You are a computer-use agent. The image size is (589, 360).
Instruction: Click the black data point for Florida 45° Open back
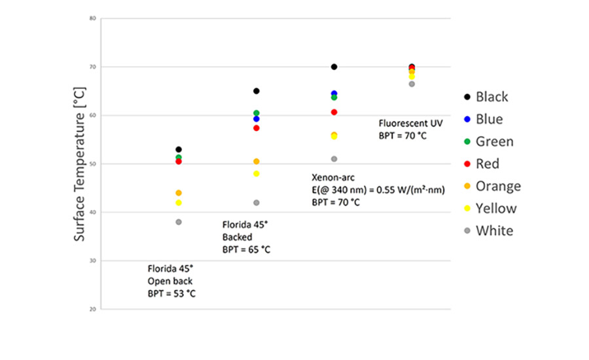179,150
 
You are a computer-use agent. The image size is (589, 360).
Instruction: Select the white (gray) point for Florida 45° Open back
179,222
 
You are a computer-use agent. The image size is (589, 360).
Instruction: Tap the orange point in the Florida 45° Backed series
257,161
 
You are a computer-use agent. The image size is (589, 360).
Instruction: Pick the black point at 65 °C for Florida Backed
257,91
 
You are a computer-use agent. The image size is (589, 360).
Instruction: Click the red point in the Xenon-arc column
334,112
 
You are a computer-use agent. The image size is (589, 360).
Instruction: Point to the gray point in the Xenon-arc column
334,159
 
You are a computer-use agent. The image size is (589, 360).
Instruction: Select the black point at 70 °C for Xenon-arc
334,67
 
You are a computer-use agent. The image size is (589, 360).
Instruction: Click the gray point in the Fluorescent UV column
412,84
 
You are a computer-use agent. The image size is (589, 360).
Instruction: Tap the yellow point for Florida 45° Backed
257,173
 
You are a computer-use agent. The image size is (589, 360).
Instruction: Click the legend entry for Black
491,97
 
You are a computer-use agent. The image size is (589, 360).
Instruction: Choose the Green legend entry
494,141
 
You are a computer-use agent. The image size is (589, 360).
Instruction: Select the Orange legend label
498,186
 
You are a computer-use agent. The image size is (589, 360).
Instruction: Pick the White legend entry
494,230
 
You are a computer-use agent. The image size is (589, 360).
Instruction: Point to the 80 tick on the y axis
93,18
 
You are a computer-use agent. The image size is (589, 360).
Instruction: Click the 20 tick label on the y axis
93,309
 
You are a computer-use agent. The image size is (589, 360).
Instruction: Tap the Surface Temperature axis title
80,164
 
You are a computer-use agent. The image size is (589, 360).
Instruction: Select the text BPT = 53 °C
171,293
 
